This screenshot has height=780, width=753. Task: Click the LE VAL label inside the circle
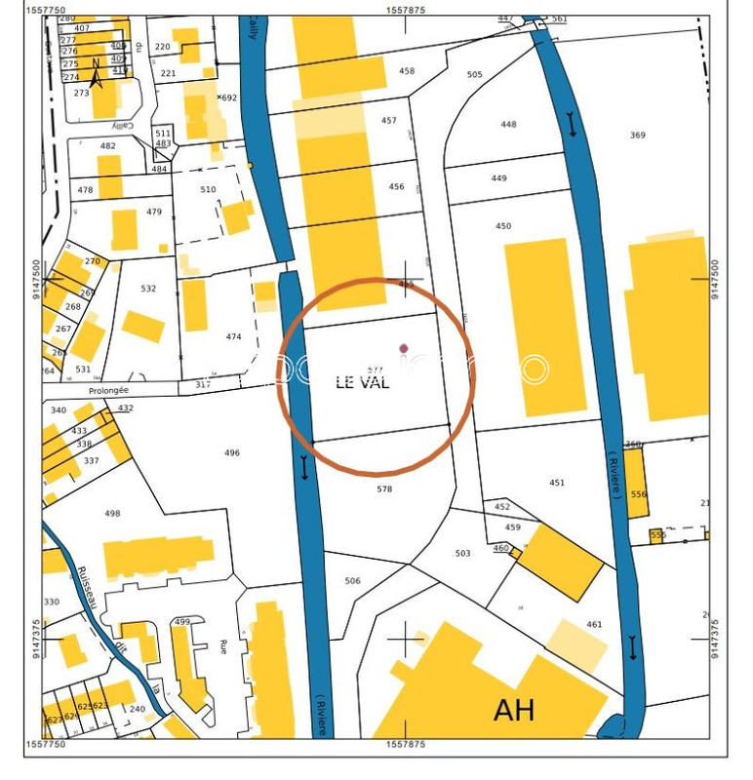(x=362, y=383)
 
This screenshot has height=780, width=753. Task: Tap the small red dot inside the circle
(x=404, y=348)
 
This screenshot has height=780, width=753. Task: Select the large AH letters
(x=514, y=710)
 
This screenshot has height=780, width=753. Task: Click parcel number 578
(x=384, y=488)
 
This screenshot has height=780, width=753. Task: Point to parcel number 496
(x=231, y=452)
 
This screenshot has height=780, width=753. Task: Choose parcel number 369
(x=637, y=136)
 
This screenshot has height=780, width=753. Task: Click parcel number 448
(x=508, y=124)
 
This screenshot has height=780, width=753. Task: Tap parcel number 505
(x=475, y=75)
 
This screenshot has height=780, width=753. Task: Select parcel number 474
(x=233, y=336)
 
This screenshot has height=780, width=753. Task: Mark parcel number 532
(x=148, y=289)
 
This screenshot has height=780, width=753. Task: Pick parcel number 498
(x=112, y=514)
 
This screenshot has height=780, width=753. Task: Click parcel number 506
(x=352, y=581)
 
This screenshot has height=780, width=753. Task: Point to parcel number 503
(x=462, y=554)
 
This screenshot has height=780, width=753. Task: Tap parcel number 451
(x=557, y=483)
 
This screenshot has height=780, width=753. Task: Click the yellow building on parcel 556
(x=637, y=483)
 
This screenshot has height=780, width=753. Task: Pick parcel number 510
(x=208, y=189)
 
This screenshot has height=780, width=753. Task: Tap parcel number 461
(x=594, y=624)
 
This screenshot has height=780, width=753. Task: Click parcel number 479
(x=154, y=212)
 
